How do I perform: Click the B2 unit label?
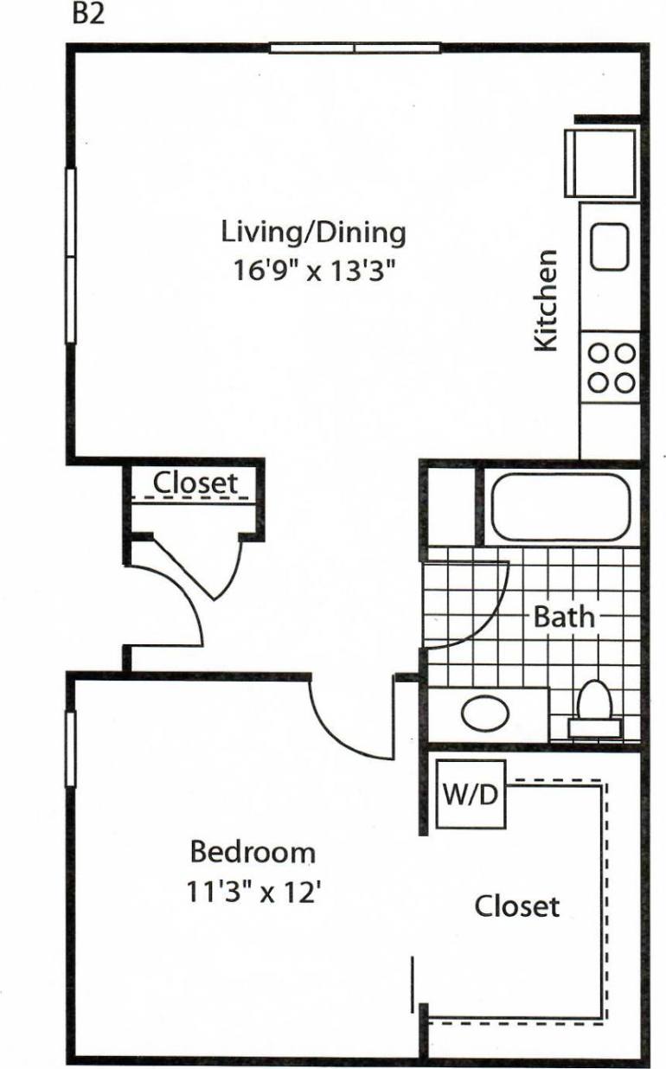click(x=88, y=16)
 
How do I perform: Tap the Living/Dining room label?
click(x=313, y=233)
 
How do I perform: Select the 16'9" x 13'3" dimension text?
click(x=314, y=271)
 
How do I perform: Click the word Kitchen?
click(x=545, y=300)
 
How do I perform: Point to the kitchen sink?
click(x=610, y=246)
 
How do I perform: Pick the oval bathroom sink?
click(x=488, y=714)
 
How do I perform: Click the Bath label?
click(x=564, y=617)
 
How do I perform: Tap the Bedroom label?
click(x=253, y=852)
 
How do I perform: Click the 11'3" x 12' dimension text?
click(x=254, y=891)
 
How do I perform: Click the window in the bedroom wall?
click(x=71, y=748)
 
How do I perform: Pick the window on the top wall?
click(x=355, y=48)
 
